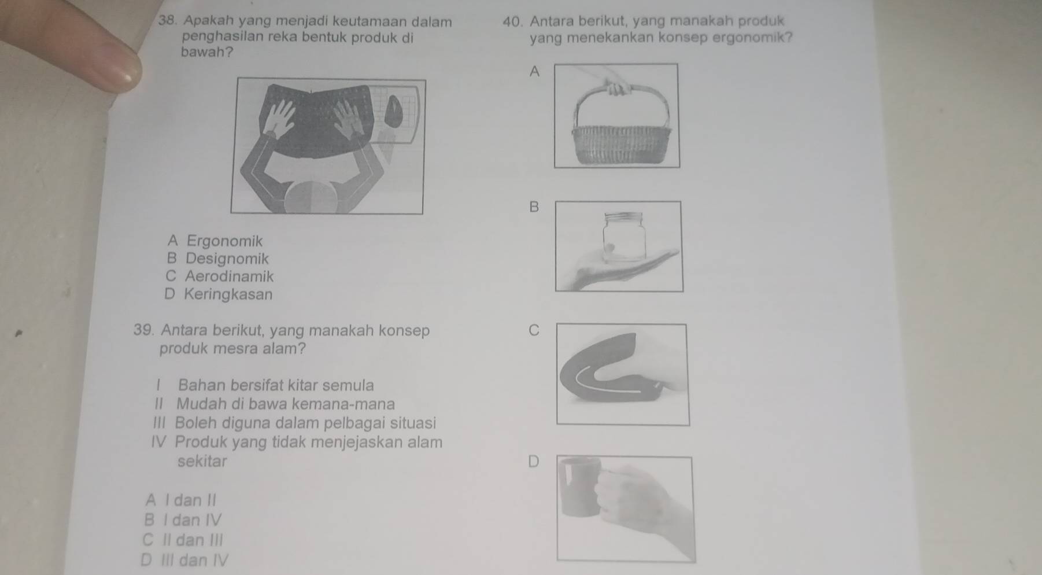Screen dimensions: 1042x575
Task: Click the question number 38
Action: (x=167, y=21)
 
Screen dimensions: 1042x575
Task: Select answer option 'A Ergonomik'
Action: (x=215, y=241)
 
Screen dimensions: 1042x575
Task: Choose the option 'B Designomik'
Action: (x=217, y=259)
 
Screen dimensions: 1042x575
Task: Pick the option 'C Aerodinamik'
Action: (x=219, y=277)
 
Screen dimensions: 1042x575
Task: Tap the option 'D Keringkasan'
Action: (x=218, y=294)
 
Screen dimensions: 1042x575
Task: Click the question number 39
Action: (x=145, y=330)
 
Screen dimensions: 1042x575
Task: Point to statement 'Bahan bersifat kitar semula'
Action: (x=276, y=385)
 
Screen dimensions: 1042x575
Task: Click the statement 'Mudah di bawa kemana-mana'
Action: (x=286, y=404)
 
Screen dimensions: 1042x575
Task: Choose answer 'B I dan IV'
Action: (x=183, y=520)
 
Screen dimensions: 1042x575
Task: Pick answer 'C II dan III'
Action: (x=182, y=540)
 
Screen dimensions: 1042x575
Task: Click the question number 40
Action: (x=513, y=21)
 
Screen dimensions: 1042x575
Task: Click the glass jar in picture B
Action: (x=624, y=238)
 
